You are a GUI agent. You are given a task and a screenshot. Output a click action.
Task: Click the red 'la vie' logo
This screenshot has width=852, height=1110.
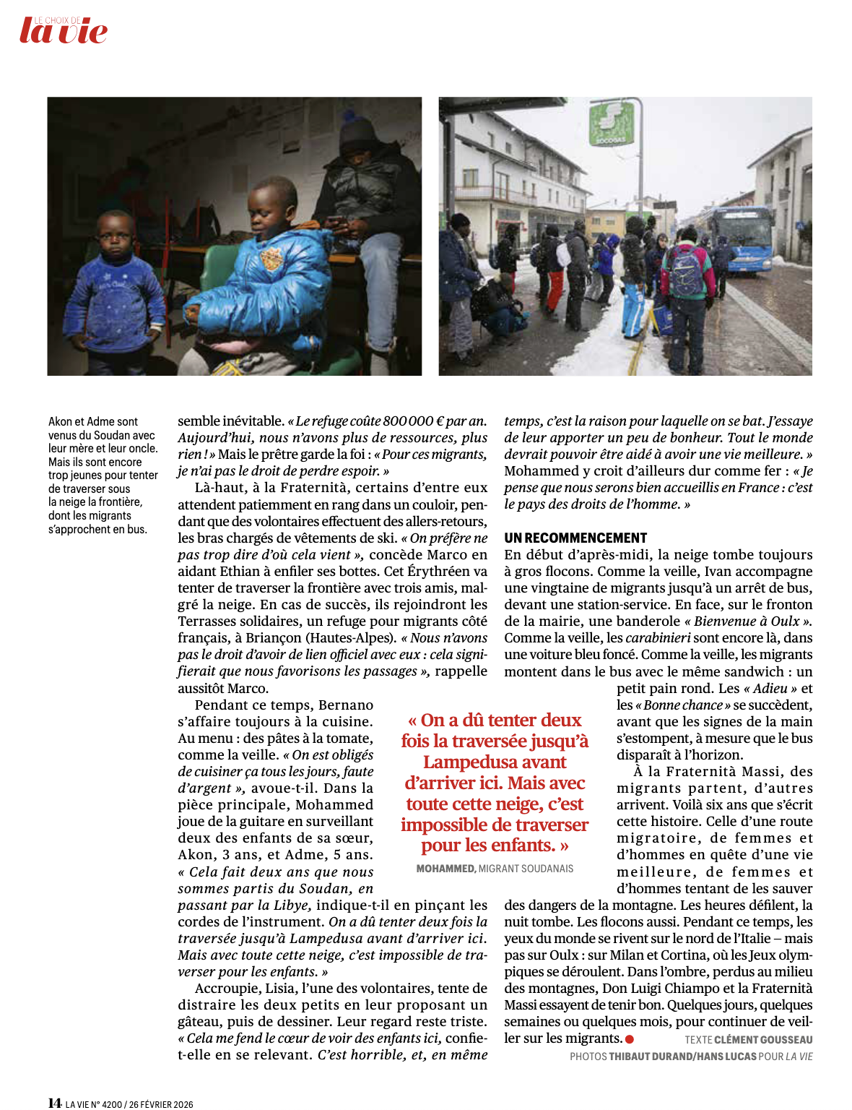64,31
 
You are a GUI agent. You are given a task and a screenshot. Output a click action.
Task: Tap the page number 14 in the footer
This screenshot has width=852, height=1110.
54,1103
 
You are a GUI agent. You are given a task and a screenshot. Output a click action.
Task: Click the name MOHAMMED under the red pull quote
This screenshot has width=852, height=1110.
445,869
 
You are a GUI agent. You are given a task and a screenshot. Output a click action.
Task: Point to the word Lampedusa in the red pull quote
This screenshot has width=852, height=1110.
495,762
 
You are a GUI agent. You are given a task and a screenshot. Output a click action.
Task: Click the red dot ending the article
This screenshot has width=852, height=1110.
630,1039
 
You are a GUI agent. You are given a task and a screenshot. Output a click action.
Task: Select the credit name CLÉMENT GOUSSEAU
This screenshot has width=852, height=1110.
763,1040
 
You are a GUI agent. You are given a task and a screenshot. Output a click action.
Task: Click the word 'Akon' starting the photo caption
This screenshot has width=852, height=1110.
60,421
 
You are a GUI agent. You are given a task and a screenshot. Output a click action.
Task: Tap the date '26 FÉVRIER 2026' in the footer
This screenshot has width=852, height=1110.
161,1104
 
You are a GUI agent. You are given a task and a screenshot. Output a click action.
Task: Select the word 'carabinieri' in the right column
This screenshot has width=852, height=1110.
657,638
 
